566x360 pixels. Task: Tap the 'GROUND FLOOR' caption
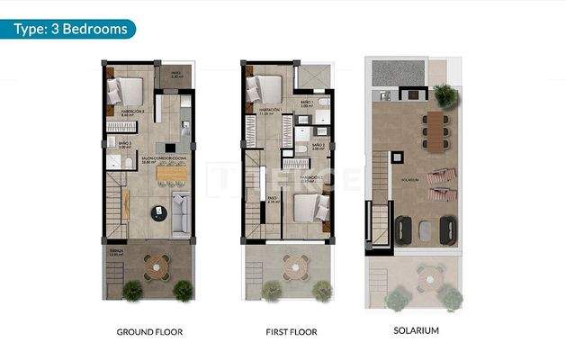149,332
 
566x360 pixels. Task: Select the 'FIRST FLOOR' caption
292,332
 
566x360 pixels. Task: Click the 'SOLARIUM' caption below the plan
417,331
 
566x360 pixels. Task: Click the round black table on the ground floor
158,212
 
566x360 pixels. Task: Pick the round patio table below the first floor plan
293,265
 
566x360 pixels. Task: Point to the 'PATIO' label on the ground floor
176,75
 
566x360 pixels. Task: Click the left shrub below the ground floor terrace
132,290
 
